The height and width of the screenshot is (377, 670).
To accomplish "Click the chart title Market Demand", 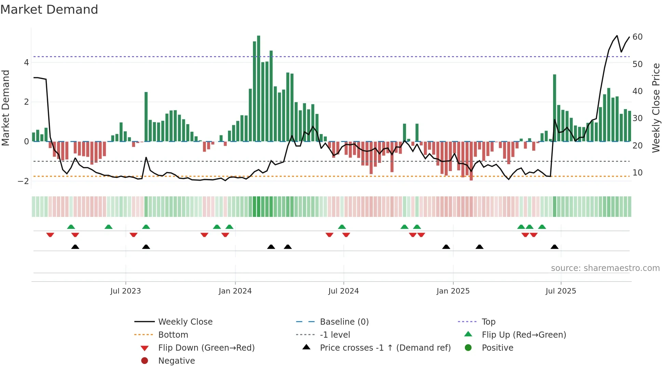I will click(x=49, y=10).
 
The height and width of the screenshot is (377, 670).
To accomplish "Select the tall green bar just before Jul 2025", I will click(x=554, y=108).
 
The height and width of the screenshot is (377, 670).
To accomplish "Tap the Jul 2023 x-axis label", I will click(x=125, y=291).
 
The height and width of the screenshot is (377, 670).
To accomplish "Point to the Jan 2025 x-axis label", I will click(x=453, y=291).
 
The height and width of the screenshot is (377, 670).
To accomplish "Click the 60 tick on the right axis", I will click(x=638, y=37).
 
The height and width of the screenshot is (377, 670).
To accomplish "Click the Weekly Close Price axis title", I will click(x=656, y=108).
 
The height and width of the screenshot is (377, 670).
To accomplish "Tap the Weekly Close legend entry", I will click(x=185, y=322).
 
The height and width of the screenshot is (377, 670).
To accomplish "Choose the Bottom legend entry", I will click(x=173, y=335).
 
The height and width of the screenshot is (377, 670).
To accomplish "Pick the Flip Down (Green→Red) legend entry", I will click(x=206, y=348).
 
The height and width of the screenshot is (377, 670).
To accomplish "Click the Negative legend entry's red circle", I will click(x=145, y=361).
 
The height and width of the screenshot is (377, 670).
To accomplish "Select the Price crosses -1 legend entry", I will click(x=385, y=348).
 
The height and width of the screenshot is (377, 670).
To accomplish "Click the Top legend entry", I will click(x=488, y=322).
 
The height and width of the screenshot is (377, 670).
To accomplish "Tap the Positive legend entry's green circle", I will click(x=468, y=348).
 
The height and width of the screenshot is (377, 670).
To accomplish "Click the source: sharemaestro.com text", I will click(x=605, y=268).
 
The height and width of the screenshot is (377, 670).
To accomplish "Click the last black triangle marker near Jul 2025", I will click(x=554, y=247).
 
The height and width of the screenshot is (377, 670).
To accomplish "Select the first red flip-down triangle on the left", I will click(x=50, y=235).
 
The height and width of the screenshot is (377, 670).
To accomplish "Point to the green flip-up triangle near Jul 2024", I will click(x=342, y=227).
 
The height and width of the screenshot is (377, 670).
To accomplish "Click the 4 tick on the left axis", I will click(x=26, y=63).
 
